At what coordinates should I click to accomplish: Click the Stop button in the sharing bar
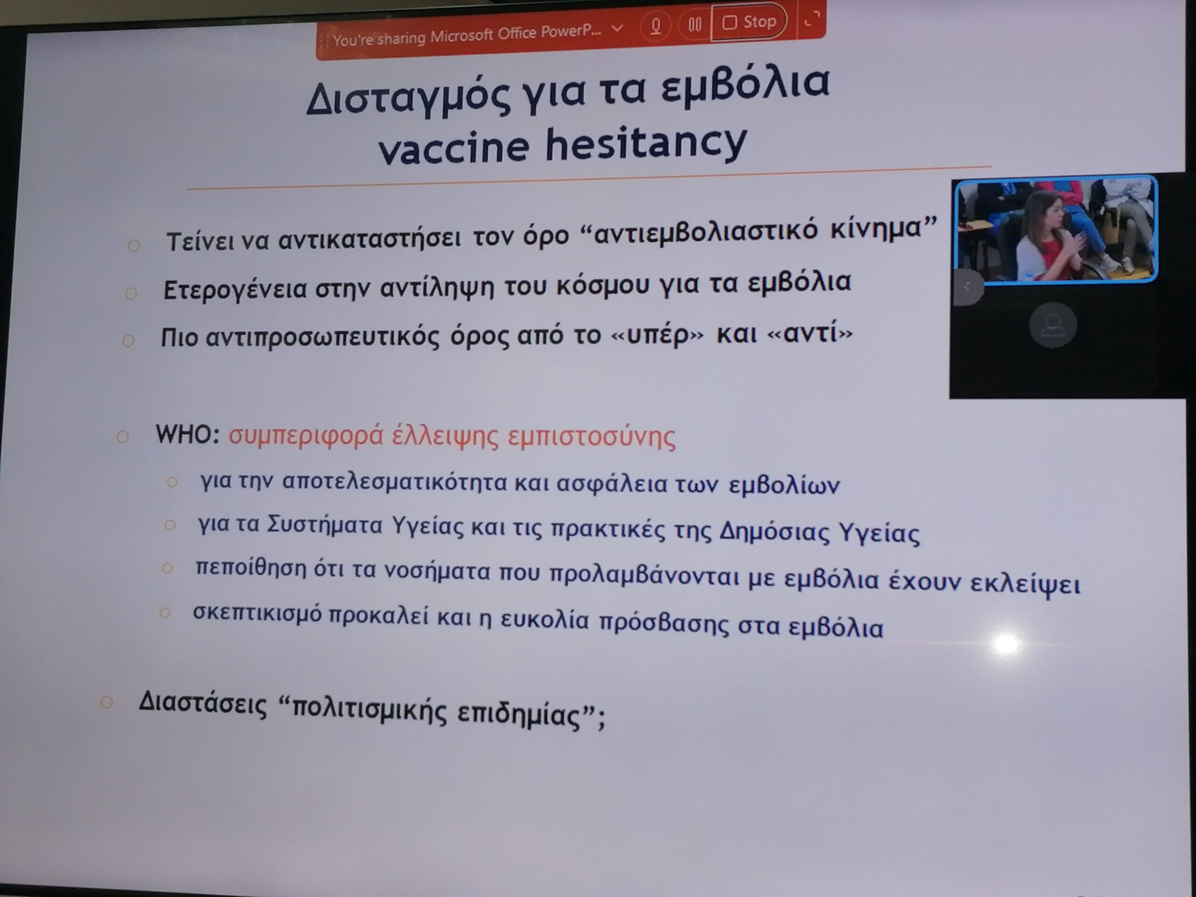point(749,22)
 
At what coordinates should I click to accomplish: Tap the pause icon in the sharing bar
point(695,24)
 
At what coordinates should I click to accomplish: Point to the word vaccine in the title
point(453,148)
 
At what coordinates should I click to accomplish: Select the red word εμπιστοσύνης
point(591,437)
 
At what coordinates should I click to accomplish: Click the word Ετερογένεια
point(236,290)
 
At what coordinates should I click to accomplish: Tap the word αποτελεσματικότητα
point(395,482)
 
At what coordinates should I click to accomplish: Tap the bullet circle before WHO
point(123,436)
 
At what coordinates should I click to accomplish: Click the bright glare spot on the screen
point(1006,644)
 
